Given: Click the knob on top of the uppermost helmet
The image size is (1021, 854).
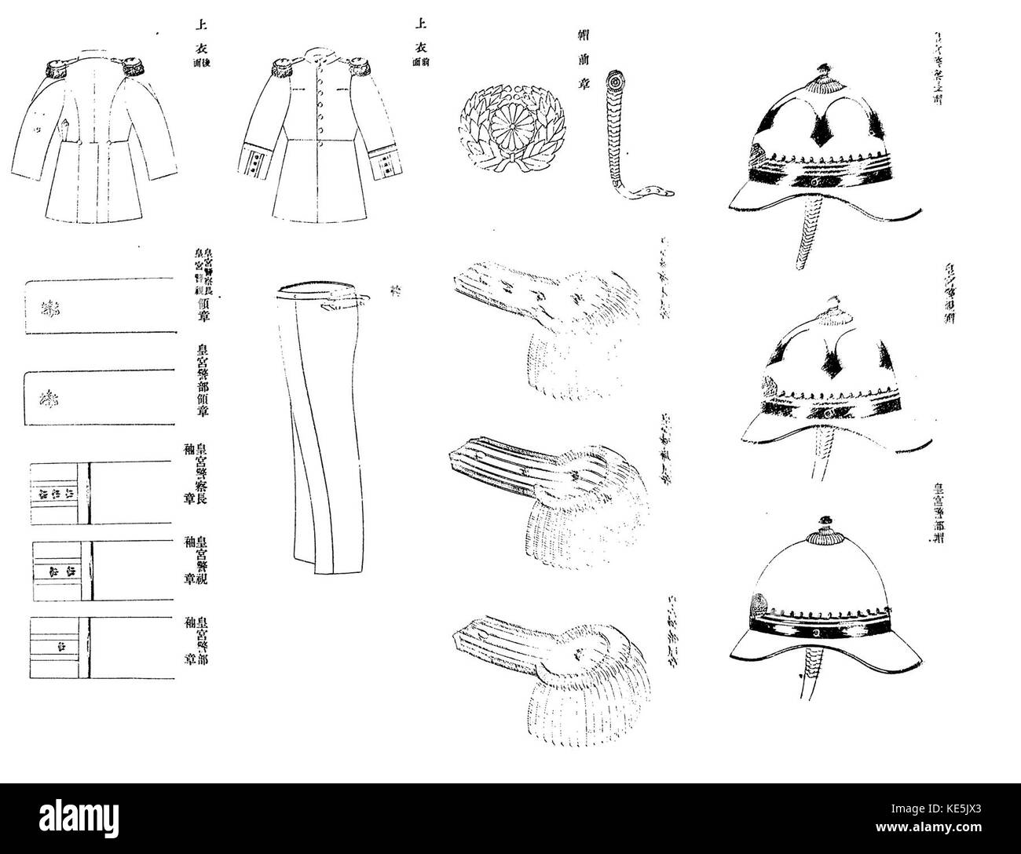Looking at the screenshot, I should [x=824, y=72].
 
